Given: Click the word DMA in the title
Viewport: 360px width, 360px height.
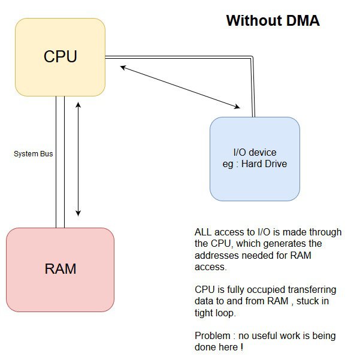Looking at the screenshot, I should (x=299, y=20).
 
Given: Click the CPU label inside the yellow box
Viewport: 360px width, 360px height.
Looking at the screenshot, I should (x=60, y=56).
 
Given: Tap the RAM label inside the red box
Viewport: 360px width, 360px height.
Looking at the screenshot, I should (x=60, y=268).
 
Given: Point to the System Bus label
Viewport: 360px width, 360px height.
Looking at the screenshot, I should (x=34, y=154).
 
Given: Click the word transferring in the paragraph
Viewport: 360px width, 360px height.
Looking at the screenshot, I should (x=315, y=290).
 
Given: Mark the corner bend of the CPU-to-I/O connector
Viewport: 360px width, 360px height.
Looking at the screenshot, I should (x=253, y=58).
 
